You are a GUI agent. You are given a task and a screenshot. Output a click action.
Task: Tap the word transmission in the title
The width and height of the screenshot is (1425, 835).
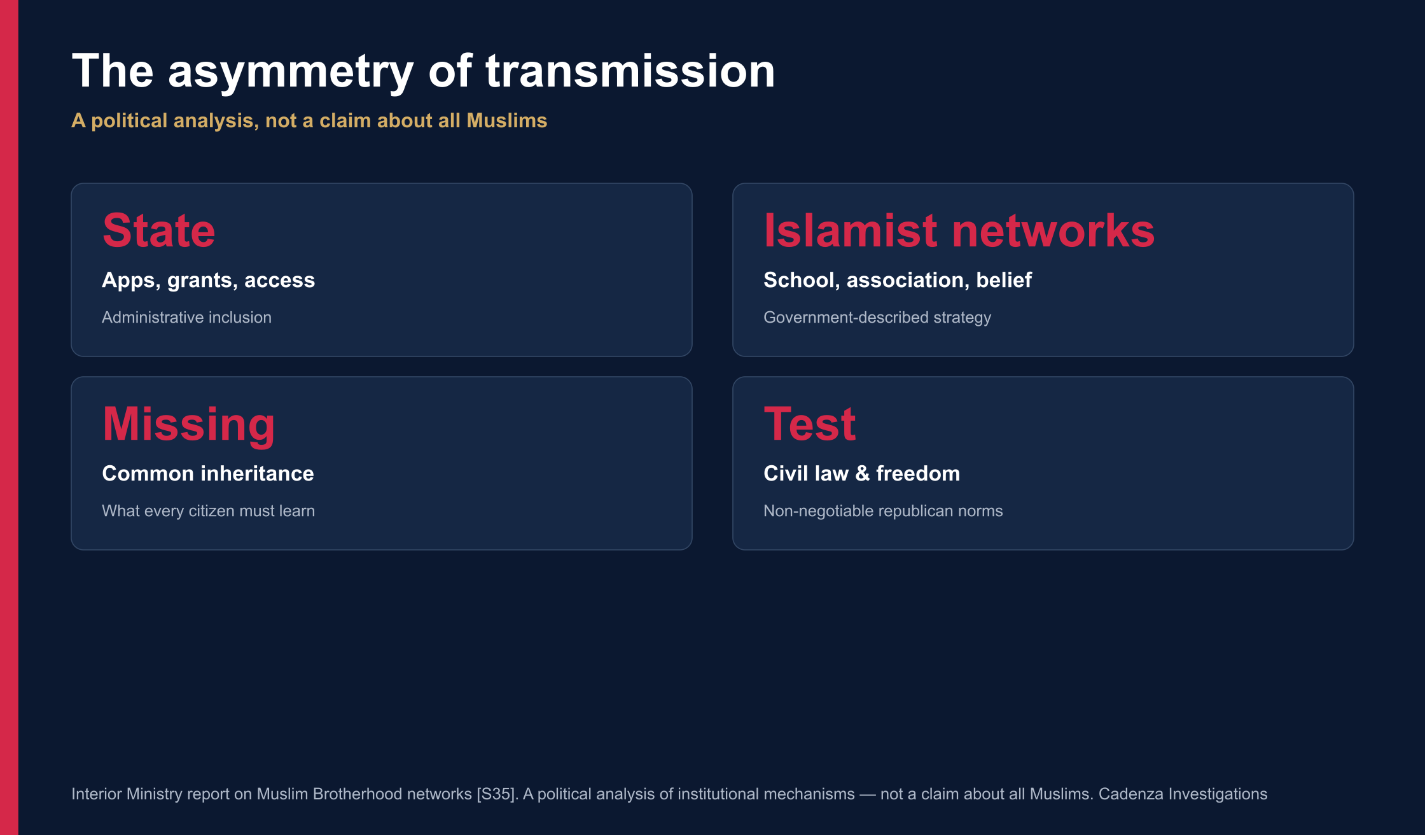pyautogui.click(x=630, y=71)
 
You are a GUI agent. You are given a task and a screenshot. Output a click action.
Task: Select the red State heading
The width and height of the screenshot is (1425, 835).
pyautogui.click(x=159, y=230)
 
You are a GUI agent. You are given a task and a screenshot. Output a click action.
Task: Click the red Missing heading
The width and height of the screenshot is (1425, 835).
pyautogui.click(x=188, y=425)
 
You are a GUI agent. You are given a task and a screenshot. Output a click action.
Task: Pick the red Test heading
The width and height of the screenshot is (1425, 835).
pyautogui.click(x=809, y=424)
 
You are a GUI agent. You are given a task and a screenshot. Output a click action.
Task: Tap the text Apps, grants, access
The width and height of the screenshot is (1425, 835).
pyautogui.click(x=209, y=281)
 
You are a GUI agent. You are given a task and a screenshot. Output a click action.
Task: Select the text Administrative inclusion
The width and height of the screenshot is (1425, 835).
pyautogui.click(x=186, y=317)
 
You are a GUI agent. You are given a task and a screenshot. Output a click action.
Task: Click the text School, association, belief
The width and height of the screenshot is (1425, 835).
pyautogui.click(x=898, y=281)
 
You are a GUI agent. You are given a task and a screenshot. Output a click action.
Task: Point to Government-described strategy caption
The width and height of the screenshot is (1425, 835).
pyautogui.click(x=877, y=318)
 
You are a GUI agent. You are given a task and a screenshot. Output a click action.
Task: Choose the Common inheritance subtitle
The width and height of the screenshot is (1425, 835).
pyautogui.click(x=208, y=474)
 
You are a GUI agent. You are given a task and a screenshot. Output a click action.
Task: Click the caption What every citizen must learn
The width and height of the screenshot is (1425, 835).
pyautogui.click(x=208, y=511)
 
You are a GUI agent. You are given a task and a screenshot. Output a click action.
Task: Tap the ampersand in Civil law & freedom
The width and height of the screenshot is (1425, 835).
pyautogui.click(x=862, y=474)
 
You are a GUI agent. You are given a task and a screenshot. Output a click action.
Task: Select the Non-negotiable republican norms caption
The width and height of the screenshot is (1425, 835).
pyautogui.click(x=883, y=511)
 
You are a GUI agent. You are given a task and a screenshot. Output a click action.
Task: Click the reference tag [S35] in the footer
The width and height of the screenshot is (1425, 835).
pyautogui.click(x=496, y=794)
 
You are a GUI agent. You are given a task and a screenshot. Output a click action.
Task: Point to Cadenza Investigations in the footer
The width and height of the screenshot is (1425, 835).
pyautogui.click(x=1183, y=794)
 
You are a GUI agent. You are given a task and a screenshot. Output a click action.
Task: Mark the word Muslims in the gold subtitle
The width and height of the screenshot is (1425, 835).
pyautogui.click(x=507, y=120)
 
